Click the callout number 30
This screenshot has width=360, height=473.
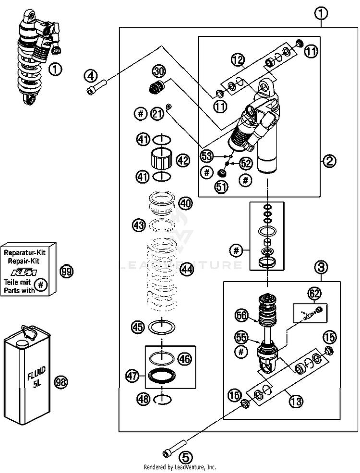pos(159,72)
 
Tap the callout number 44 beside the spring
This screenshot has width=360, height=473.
pos(187,270)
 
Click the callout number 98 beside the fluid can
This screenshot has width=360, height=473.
pos(61,382)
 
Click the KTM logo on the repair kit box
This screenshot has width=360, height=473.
pos(24,273)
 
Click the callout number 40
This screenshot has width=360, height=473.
pos(185,203)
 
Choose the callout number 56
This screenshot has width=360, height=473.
pos(242,316)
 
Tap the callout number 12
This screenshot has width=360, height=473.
pos(239,60)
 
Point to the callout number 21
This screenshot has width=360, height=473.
pos(157,114)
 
